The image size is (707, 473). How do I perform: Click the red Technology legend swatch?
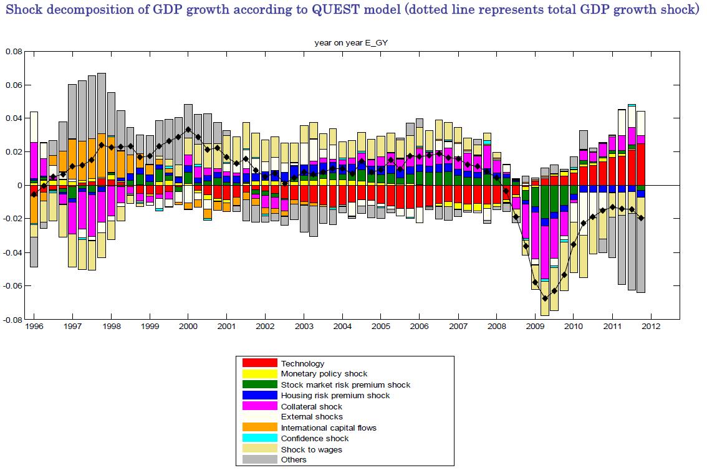(259, 363)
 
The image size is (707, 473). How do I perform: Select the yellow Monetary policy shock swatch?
(259, 373)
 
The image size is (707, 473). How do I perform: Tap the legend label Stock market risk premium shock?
(345, 385)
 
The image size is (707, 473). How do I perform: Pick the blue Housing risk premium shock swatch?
(259, 395)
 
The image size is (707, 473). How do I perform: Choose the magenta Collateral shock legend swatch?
(259, 406)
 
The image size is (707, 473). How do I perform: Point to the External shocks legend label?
(312, 417)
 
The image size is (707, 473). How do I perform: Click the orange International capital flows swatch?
(259, 428)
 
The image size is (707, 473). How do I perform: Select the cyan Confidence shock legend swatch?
(259, 438)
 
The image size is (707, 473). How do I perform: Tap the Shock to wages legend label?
(311, 449)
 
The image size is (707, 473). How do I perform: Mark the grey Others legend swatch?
(259, 460)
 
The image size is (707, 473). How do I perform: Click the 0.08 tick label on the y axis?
(14, 51)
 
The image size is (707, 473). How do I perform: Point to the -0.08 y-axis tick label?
(12, 320)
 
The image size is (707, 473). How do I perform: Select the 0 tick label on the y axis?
(19, 186)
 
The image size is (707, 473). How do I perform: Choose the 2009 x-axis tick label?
(534, 326)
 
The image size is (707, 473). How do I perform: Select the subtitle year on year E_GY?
(350, 42)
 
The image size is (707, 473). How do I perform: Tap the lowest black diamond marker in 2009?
(545, 298)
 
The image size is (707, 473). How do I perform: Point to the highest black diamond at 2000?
(188, 130)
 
